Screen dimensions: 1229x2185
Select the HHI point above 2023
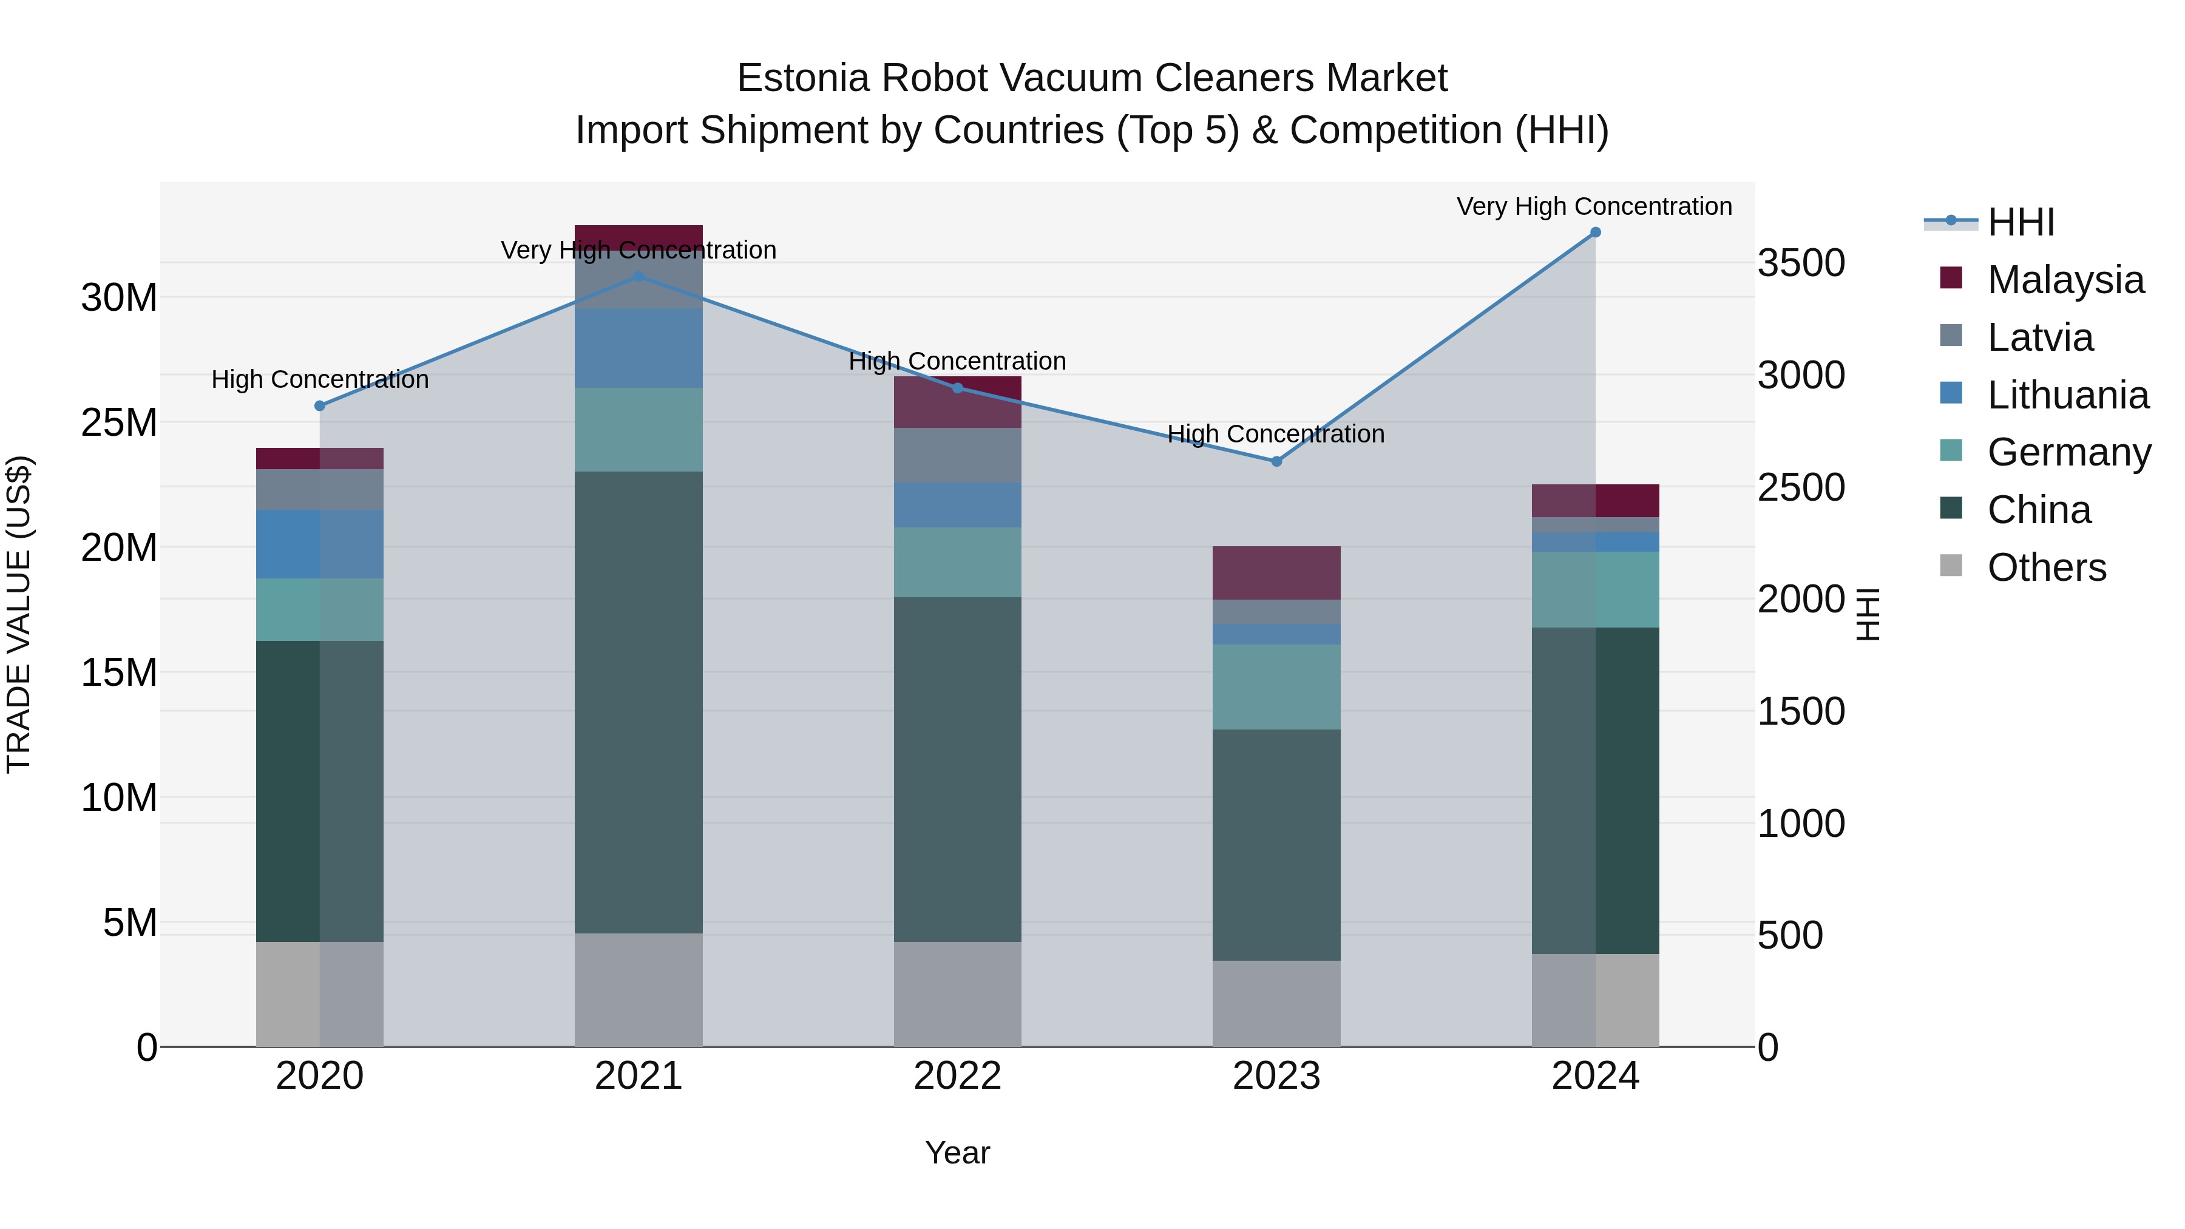coord(1276,461)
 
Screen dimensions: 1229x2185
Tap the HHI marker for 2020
coord(320,406)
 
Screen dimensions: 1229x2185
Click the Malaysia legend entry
coord(2065,280)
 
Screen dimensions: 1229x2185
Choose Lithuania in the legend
coord(2067,395)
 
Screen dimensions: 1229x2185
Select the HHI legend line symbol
coord(1950,222)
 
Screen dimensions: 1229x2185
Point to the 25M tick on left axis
coord(119,422)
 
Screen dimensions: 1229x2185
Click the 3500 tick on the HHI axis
coord(1801,263)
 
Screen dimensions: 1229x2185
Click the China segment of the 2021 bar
coord(638,702)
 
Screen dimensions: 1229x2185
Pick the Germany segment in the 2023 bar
coord(1276,686)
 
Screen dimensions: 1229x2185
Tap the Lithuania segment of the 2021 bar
coord(638,348)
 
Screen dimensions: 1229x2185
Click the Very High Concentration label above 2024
coord(1594,206)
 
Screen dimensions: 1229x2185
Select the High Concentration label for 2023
coord(1276,433)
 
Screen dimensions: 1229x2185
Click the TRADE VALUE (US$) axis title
coord(19,614)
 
